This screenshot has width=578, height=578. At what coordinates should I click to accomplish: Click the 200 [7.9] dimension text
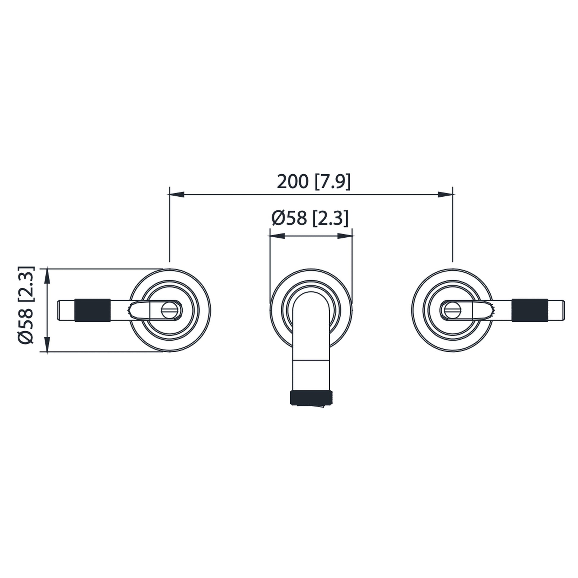(x=313, y=181)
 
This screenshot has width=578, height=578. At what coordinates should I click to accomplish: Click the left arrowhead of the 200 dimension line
(x=176, y=195)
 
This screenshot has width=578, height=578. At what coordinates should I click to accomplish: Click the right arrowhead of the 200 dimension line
(x=445, y=195)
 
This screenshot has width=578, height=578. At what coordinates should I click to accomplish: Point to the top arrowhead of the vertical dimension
(x=47, y=276)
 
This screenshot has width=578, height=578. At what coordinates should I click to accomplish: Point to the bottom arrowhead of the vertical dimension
(x=47, y=344)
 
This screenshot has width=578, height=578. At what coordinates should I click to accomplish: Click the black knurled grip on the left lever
(x=92, y=310)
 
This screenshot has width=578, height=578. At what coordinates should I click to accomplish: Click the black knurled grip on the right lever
(x=530, y=310)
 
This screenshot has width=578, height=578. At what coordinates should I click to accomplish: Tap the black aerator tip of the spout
(x=311, y=398)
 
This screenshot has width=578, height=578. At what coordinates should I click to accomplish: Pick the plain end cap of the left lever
(x=66, y=310)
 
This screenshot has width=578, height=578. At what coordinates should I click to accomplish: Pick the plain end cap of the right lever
(x=556, y=310)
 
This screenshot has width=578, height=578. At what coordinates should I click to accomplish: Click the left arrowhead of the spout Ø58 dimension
(x=277, y=236)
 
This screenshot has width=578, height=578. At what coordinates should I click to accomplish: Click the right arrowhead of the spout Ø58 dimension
(x=345, y=236)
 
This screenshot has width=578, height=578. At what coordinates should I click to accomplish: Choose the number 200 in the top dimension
(x=292, y=181)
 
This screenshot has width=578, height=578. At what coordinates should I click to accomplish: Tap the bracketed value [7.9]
(x=332, y=181)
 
